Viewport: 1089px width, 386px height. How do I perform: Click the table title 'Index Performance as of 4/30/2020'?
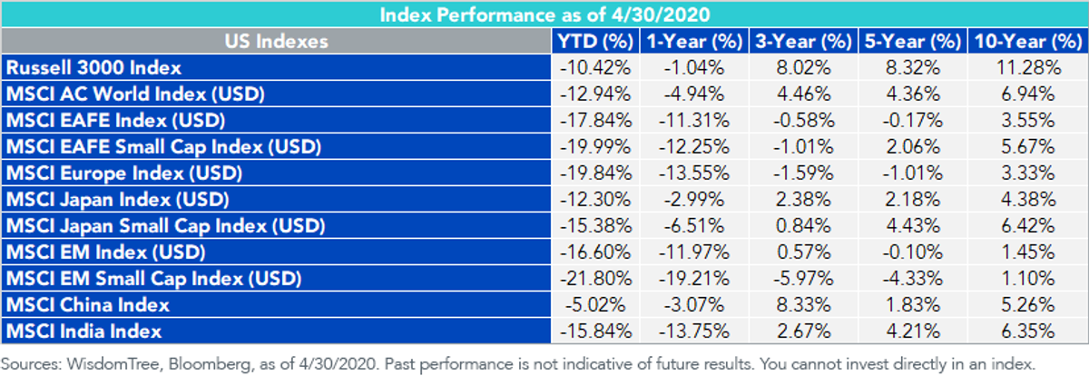tap(544, 15)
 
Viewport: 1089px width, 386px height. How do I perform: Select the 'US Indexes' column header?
tap(276, 42)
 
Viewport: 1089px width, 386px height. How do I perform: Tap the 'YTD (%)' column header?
tap(595, 42)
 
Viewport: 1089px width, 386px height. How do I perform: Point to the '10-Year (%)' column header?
tap(1027, 42)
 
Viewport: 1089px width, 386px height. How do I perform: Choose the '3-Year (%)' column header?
tap(804, 42)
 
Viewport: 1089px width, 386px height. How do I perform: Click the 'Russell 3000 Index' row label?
tap(93, 67)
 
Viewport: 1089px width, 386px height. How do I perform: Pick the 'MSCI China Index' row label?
tap(87, 305)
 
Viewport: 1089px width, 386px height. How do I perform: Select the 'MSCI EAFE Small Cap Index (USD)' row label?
tap(163, 147)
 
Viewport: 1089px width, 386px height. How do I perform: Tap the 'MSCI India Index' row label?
tap(83, 332)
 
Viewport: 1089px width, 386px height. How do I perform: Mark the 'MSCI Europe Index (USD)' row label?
tap(124, 173)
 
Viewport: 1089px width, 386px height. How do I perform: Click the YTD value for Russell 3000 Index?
tap(595, 67)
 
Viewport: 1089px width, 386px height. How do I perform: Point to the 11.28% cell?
tap(1028, 67)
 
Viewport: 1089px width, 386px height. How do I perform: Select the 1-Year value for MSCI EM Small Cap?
tap(693, 279)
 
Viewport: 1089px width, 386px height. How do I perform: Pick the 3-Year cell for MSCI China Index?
tap(803, 305)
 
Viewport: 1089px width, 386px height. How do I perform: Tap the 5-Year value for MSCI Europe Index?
tap(913, 173)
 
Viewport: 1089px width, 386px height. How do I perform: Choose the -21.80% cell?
tap(595, 279)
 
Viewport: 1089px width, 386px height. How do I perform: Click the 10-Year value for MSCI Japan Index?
tap(1028, 200)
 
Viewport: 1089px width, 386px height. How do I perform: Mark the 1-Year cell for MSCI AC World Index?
tap(693, 94)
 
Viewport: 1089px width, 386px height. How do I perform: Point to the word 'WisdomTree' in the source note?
tap(113, 364)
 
